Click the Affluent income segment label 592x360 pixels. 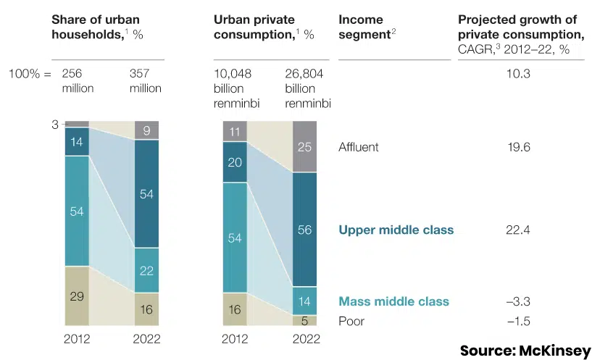(358, 147)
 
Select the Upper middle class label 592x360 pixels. (396, 230)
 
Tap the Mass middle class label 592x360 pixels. (393, 301)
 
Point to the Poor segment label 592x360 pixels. (351, 321)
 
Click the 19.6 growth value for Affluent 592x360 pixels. (520, 147)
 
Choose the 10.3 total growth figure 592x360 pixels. (520, 73)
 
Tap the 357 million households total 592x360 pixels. (145, 80)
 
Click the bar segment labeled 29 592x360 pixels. (76, 296)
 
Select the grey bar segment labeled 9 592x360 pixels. (146, 131)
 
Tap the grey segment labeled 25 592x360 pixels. (304, 147)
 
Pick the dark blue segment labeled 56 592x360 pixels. (304, 230)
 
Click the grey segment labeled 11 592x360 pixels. (235, 132)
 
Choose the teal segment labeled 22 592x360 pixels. (146, 270)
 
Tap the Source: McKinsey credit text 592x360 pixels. (525, 351)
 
